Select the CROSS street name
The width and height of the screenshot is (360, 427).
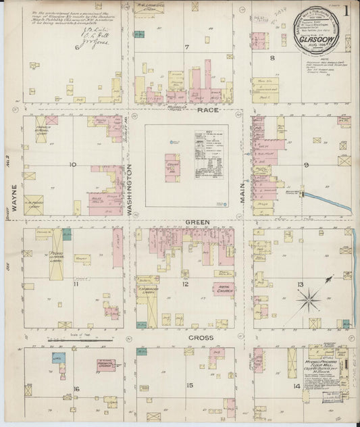tap(201, 337)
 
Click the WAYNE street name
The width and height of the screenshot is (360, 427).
tap(13, 191)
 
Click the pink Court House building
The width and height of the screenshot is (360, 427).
tap(172, 167)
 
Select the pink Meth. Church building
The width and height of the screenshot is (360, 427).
tap(224, 289)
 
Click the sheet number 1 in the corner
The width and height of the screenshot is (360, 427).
tap(345, 10)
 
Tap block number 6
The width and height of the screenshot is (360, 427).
tap(77, 48)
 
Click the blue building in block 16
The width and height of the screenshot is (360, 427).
tap(58, 357)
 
